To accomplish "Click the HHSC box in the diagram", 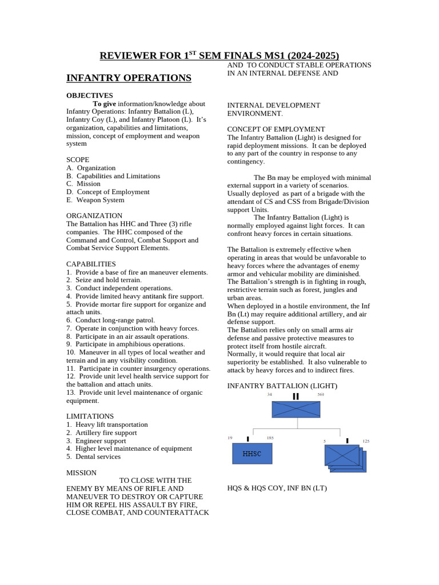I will (x=252, y=454).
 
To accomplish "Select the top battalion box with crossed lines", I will (x=296, y=409).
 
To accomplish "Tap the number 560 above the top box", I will (x=321, y=395).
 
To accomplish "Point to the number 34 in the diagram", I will (x=269, y=395).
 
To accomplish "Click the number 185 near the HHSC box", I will (x=270, y=438).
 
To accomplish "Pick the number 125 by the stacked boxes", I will (x=366, y=441).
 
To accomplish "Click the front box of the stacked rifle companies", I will (x=342, y=455).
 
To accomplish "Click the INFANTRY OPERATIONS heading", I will (x=129, y=78).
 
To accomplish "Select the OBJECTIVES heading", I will (x=90, y=95).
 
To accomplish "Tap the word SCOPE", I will (x=78, y=160).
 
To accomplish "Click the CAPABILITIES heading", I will (x=91, y=264).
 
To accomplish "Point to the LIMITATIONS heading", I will (x=90, y=416).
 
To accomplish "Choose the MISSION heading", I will (x=81, y=472).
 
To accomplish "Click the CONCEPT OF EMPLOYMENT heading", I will (x=276, y=130).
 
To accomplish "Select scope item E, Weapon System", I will (x=95, y=200).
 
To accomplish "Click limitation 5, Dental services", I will (x=93, y=456).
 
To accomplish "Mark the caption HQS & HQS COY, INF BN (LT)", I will (x=277, y=488).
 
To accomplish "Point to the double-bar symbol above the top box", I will (x=296, y=396).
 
